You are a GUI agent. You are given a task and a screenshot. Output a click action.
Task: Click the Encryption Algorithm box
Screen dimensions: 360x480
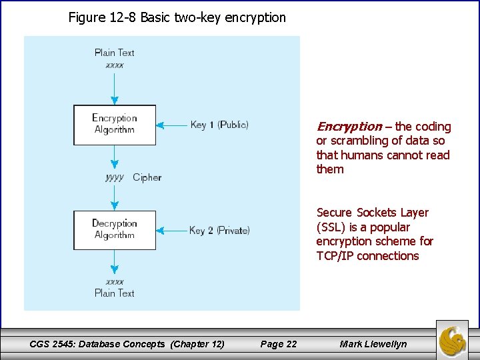(114, 125)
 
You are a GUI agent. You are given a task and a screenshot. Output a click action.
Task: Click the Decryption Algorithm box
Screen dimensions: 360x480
(114, 230)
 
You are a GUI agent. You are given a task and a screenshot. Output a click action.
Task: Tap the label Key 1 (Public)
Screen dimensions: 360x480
(219, 125)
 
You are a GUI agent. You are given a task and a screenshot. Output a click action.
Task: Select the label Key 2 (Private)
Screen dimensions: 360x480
(219, 230)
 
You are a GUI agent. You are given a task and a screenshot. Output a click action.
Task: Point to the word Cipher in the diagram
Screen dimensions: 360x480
(147, 177)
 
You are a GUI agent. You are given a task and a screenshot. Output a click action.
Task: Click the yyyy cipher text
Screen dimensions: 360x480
(115, 177)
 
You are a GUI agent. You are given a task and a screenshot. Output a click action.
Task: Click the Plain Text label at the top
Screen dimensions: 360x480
(114, 53)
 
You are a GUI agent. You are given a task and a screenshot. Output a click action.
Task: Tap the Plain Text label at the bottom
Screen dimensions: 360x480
(114, 293)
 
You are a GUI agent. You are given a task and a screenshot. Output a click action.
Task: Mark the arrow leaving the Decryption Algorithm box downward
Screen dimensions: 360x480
(115, 261)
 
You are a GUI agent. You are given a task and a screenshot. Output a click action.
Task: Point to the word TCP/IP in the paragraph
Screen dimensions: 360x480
(335, 256)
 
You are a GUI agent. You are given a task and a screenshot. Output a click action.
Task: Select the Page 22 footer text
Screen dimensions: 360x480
(279, 344)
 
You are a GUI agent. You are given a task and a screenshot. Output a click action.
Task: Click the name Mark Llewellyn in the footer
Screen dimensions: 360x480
(373, 344)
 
